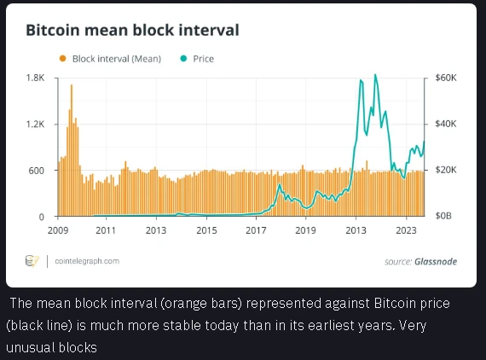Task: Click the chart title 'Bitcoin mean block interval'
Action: [x=132, y=31]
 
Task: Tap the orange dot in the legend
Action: [x=62, y=58]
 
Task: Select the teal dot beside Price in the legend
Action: [x=183, y=58]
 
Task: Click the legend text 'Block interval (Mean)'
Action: [x=117, y=59]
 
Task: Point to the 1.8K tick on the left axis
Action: [x=35, y=78]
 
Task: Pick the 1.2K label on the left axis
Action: [x=35, y=124]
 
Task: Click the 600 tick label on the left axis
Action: [x=37, y=171]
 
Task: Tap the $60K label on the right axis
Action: [x=446, y=78]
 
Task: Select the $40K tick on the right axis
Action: [x=446, y=124]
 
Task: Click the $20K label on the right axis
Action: [x=446, y=170]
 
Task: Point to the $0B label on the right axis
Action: [x=443, y=216]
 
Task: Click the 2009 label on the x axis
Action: [x=58, y=230]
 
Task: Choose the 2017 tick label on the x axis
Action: [x=256, y=230]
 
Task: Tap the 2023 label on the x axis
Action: [x=406, y=230]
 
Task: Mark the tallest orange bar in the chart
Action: [x=72, y=150]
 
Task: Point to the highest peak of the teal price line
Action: [x=375, y=74]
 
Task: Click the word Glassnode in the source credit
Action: [x=436, y=261]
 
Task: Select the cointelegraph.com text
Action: [x=87, y=261]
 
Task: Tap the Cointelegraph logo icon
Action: [x=32, y=261]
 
